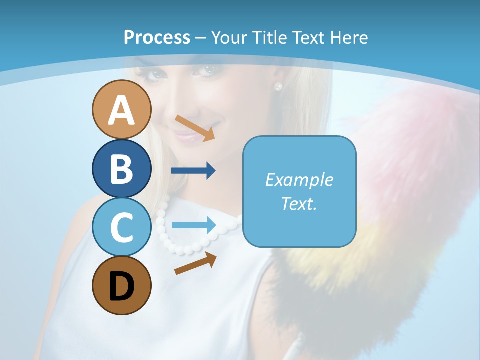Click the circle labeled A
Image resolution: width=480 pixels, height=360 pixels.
pos(121,109)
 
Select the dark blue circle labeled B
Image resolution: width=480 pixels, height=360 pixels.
pos(121,168)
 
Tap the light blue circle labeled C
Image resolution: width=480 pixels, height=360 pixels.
pos(121,227)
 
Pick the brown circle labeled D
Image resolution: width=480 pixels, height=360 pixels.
pos(121,285)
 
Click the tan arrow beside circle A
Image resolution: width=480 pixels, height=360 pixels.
pos(195,128)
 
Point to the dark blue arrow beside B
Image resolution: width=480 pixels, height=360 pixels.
pos(193,171)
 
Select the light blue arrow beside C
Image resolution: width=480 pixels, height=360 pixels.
pos(193,225)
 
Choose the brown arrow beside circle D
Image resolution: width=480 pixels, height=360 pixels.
pos(196,263)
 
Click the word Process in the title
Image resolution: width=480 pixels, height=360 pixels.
pos(157,37)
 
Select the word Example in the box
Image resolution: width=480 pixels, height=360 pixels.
pos(299,180)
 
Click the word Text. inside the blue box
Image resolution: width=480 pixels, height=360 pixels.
pos(299,203)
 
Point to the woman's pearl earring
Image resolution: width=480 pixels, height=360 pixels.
pos(278,86)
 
